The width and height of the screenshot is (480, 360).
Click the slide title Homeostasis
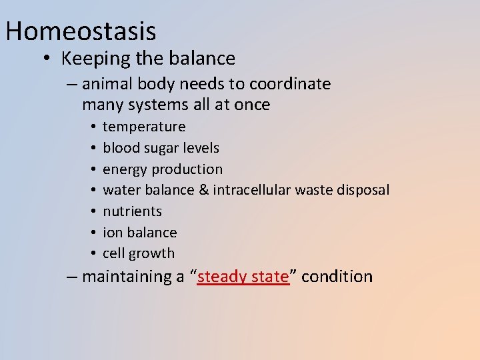point(80,31)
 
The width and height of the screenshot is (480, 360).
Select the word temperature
point(144,127)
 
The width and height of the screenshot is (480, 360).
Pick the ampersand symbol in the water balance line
point(204,190)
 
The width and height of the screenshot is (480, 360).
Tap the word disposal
point(363,190)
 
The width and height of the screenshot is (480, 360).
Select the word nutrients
point(132,211)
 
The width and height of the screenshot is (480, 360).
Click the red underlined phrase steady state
point(243,277)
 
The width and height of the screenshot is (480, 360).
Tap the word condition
point(337,277)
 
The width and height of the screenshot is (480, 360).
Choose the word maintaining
point(124,277)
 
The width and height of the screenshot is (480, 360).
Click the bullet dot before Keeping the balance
point(47,59)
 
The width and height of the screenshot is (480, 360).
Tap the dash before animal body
point(71,84)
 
